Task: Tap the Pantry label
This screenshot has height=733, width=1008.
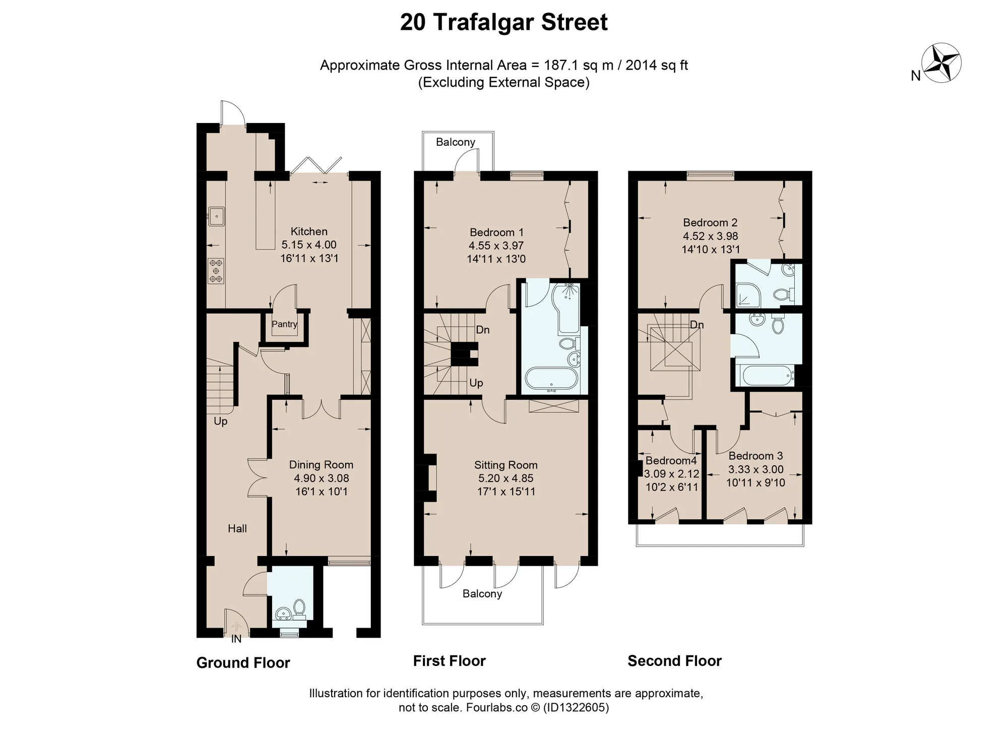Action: pyautogui.click(x=284, y=324)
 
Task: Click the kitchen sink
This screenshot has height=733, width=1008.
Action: pyautogui.click(x=216, y=217)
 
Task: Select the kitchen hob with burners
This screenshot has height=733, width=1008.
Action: pyautogui.click(x=216, y=271)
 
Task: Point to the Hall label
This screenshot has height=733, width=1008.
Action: pyautogui.click(x=237, y=528)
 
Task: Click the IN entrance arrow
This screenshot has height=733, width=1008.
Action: pyautogui.click(x=236, y=627)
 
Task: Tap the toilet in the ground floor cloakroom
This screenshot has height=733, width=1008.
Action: pyautogui.click(x=299, y=608)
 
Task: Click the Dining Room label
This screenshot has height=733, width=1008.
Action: pyautogui.click(x=321, y=465)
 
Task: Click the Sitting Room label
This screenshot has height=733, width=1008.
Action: pyautogui.click(x=506, y=465)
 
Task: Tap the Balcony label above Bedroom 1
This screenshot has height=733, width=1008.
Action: pyautogui.click(x=456, y=142)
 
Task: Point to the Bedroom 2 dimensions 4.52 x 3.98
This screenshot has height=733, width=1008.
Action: pyautogui.click(x=711, y=236)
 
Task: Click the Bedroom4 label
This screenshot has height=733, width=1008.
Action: pyautogui.click(x=671, y=461)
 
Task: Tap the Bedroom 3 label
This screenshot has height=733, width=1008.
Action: pyautogui.click(x=755, y=456)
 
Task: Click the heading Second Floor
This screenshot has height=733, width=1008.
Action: pyautogui.click(x=674, y=661)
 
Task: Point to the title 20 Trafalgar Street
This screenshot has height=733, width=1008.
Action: pyautogui.click(x=504, y=22)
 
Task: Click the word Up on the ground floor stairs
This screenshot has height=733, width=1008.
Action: pyautogui.click(x=221, y=421)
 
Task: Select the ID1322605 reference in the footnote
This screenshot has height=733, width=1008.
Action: pyautogui.click(x=576, y=707)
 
